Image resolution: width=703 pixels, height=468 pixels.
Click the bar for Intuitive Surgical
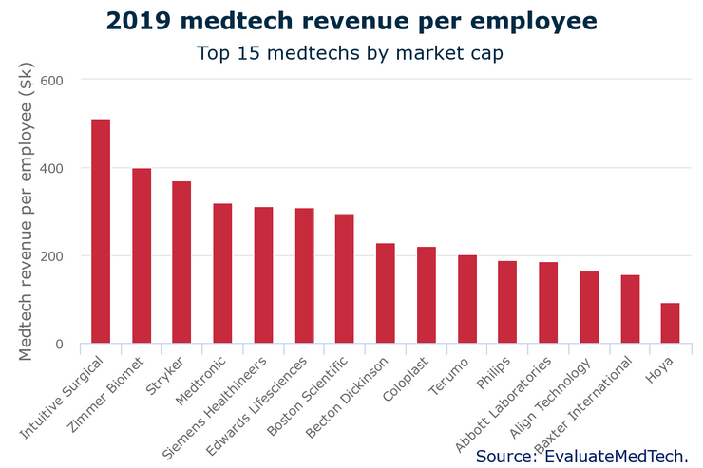pyautogui.click(x=101, y=232)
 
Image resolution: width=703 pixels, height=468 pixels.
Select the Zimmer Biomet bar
pyautogui.click(x=142, y=256)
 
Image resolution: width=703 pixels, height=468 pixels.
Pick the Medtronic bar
pyautogui.click(x=222, y=274)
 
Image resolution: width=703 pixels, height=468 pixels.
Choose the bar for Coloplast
pyautogui.click(x=427, y=295)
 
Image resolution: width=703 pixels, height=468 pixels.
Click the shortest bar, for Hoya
pyautogui.click(x=670, y=324)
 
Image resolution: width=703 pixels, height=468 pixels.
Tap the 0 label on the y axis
pyautogui.click(x=58, y=345)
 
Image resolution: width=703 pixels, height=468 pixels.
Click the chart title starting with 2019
pyautogui.click(x=351, y=21)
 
